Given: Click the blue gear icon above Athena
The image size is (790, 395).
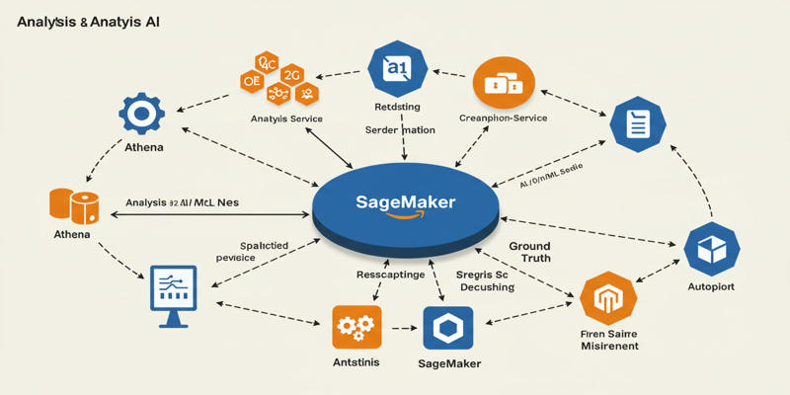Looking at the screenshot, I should click(x=141, y=115).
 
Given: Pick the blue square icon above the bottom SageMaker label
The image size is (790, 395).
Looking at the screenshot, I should click(x=448, y=328).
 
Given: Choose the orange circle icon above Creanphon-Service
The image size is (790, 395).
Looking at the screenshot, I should click(x=504, y=83).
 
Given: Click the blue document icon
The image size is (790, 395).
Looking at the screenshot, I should click(x=637, y=124).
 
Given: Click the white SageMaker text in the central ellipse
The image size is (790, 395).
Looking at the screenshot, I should click(x=405, y=202).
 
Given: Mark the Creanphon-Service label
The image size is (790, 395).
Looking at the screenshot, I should click(x=504, y=118).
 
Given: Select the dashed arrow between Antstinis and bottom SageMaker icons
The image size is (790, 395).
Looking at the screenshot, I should click(x=402, y=328).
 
